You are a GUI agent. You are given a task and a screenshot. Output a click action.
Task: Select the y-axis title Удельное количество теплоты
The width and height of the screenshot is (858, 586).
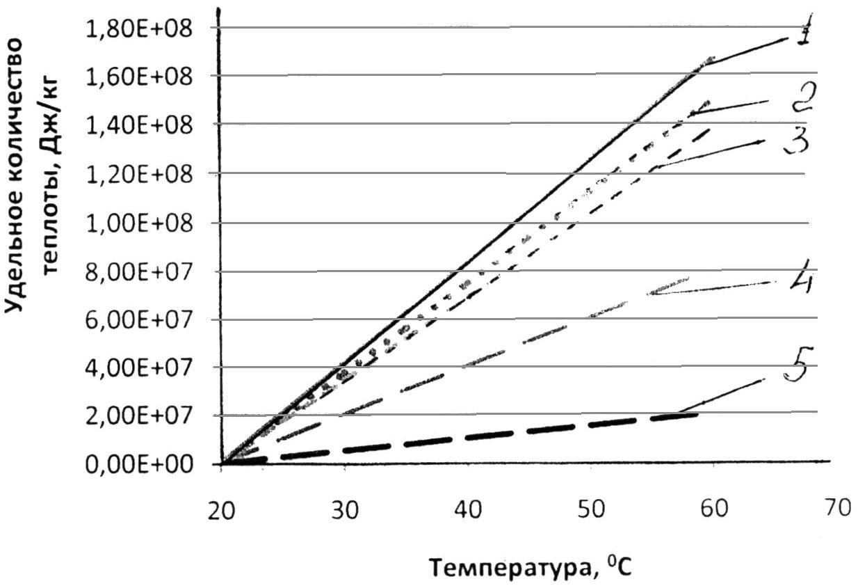pyautogui.click(x=35, y=174)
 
